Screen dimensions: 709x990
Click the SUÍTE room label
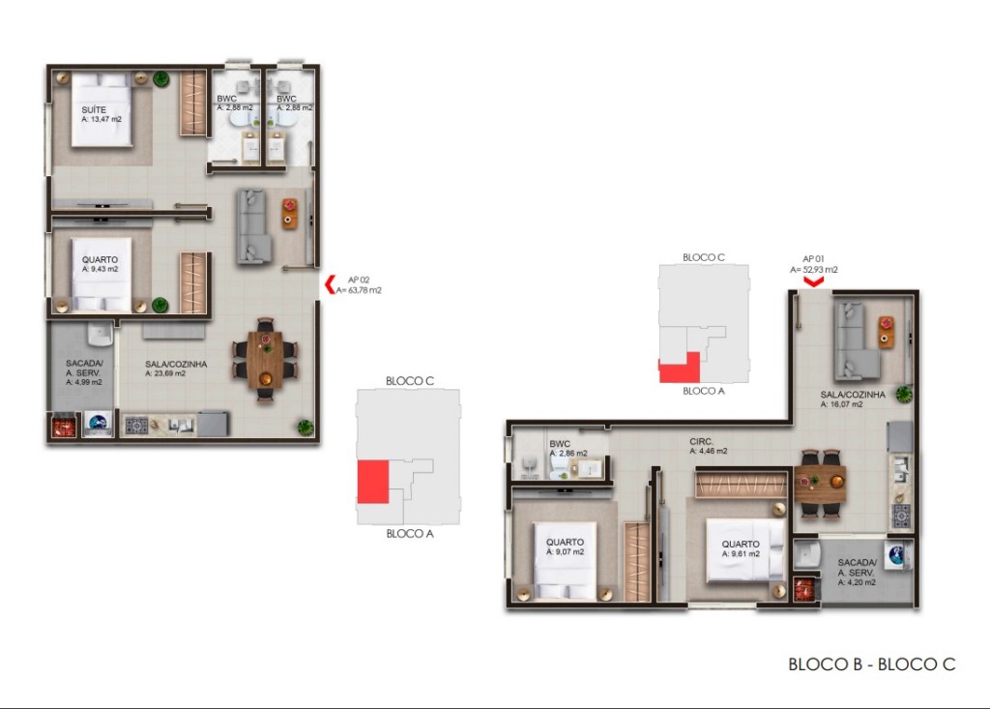94,110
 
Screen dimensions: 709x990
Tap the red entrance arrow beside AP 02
330,284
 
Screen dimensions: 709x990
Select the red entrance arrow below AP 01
814,281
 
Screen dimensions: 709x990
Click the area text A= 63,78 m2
358,290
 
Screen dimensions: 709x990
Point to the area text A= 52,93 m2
814,270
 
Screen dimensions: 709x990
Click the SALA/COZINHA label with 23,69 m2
176,365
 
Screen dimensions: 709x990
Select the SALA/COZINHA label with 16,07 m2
853,395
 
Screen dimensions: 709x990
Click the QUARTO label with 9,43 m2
100,260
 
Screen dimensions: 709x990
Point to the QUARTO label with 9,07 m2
565,543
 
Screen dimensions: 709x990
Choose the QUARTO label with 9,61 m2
741,544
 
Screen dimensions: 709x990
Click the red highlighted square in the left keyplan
372,481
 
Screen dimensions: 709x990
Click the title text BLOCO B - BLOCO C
872,664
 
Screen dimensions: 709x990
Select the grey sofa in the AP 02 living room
251,226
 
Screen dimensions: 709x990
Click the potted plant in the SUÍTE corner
160,78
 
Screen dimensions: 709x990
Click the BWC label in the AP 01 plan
560,444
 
